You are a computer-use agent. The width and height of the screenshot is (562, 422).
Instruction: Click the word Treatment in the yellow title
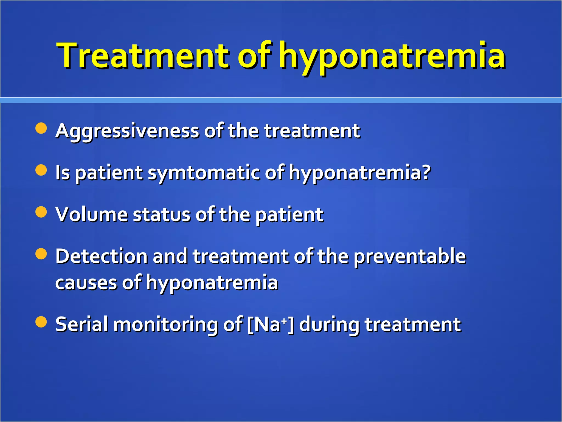point(143,55)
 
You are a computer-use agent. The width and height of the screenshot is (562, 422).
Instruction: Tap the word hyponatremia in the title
point(392,56)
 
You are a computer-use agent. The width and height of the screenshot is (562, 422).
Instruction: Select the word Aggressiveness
point(127,131)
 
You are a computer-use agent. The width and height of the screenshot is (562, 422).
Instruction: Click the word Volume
point(91,214)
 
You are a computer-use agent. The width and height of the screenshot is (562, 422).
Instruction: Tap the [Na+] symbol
point(270,324)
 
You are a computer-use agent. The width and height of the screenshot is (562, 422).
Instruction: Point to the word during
point(329,325)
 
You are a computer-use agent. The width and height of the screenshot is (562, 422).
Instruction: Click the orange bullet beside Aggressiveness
point(41,128)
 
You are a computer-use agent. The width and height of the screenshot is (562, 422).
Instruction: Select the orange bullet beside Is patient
point(41,170)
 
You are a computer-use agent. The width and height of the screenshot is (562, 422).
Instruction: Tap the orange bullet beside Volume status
point(41,212)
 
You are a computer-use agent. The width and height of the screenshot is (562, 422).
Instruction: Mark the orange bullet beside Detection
point(41,254)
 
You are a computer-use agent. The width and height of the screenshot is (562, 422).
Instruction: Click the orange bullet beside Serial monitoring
point(41,322)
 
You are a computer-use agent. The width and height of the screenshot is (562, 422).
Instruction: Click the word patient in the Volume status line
point(290,215)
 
